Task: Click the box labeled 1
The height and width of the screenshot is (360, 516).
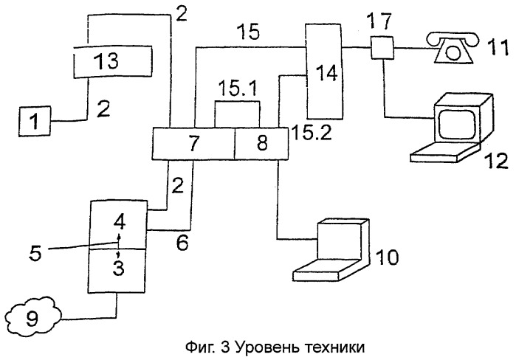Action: tap(35, 121)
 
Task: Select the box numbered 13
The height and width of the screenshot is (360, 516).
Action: tap(112, 61)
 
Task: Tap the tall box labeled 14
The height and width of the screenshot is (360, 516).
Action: tap(325, 71)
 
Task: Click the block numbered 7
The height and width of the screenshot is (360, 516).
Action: tap(194, 143)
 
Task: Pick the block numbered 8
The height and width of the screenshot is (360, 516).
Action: tap(261, 144)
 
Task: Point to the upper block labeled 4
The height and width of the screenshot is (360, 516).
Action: tap(118, 224)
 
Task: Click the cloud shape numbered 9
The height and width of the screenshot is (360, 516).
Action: tap(33, 316)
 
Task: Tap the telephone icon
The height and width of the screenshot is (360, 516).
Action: tap(453, 47)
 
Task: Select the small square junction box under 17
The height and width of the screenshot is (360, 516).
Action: tap(382, 48)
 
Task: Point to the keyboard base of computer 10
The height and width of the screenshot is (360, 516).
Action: tap(325, 270)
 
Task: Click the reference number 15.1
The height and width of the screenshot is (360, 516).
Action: tap(238, 89)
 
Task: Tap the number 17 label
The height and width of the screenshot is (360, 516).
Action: tap(379, 21)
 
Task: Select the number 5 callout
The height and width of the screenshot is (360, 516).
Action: tap(35, 253)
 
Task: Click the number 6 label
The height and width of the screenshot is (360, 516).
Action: tap(182, 243)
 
